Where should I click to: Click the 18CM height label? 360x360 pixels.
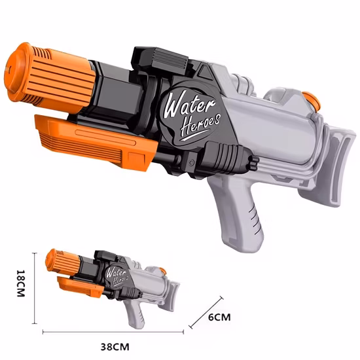[21, 283]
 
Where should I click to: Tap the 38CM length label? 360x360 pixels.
[115, 346]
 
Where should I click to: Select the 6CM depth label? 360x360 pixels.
[219, 317]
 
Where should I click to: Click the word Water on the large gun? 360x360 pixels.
[189, 105]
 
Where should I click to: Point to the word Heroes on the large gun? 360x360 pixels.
[200, 125]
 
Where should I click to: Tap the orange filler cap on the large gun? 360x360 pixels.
[312, 101]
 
